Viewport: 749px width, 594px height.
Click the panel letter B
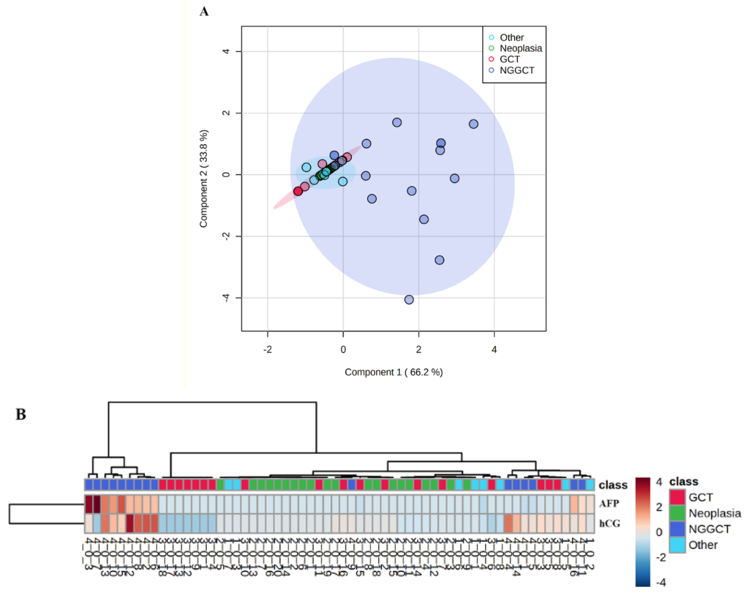(x=21, y=415)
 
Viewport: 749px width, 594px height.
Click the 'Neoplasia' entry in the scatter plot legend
(x=520, y=48)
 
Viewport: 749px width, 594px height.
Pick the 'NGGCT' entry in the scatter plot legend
(x=517, y=70)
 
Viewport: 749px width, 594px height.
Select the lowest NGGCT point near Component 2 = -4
(x=409, y=299)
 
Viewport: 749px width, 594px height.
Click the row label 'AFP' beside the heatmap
(x=609, y=503)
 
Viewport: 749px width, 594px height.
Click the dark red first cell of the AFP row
(x=89, y=504)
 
